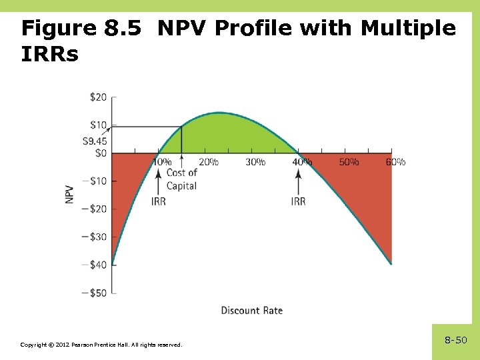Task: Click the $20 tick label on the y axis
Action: click(97, 97)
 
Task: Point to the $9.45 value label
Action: click(95, 141)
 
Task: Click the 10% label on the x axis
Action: click(162, 162)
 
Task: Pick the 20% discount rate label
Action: click(209, 162)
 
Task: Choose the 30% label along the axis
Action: click(255, 162)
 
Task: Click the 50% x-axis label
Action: click(349, 162)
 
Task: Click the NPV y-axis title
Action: click(70, 194)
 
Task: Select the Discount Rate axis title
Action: click(252, 310)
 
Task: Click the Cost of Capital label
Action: click(181, 179)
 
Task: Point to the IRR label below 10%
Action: click(159, 201)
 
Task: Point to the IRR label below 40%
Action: click(298, 201)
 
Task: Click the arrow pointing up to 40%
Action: click(298, 180)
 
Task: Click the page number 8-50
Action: click(456, 341)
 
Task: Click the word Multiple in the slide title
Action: click(408, 28)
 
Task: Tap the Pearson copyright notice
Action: click(101, 345)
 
